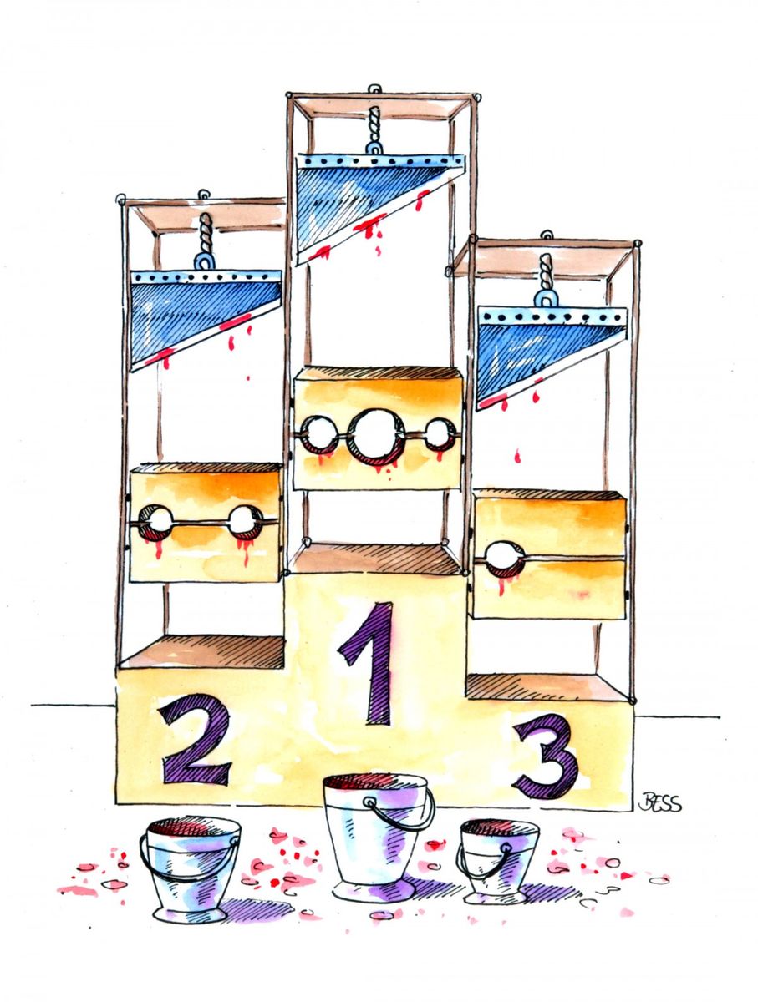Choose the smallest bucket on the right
click(498, 861)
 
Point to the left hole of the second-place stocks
click(155, 522)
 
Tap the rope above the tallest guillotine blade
click(374, 124)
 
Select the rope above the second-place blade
click(206, 233)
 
